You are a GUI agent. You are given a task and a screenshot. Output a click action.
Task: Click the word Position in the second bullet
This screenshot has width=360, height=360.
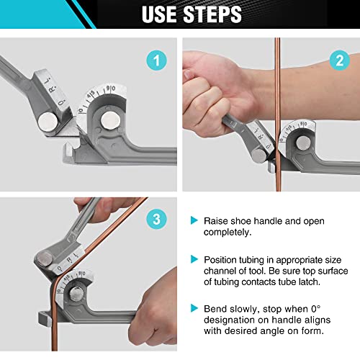click(x=222, y=258)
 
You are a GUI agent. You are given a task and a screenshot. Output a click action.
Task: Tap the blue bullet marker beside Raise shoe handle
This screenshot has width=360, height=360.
click(x=193, y=220)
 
